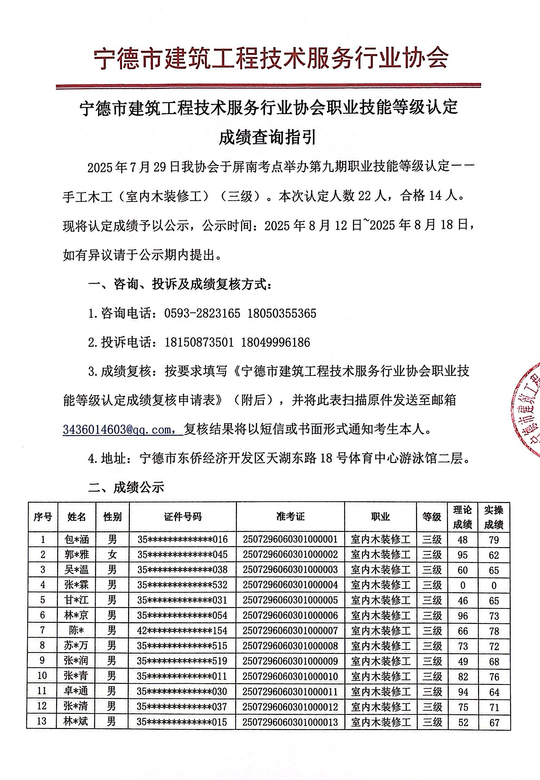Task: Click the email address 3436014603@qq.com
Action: [122, 429]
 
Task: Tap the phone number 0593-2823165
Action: [202, 313]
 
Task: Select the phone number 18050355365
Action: [282, 313]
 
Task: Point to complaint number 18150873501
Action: [199, 342]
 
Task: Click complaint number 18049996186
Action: [276, 342]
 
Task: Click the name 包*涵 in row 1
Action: [76, 539]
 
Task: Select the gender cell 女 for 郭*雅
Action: [112, 554]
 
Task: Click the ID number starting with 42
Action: [183, 630]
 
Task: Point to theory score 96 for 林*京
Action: [463, 615]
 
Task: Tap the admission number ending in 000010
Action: [290, 676]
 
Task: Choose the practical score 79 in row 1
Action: [494, 540]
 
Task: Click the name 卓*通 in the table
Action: [76, 691]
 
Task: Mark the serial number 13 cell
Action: [42, 721]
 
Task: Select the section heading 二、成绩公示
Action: [126, 487]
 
